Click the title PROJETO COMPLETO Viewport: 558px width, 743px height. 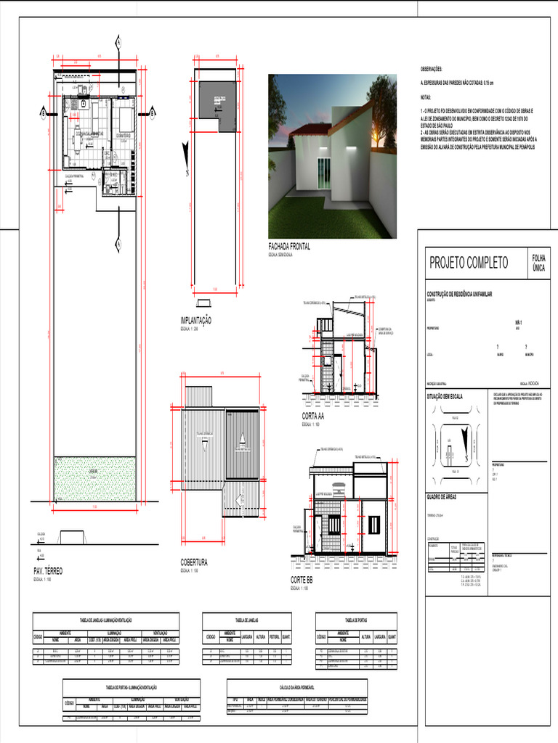[x=469, y=263]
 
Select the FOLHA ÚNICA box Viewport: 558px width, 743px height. [x=539, y=263]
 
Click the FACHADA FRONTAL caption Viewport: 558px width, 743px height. [x=289, y=247]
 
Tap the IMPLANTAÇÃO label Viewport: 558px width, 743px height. [x=196, y=320]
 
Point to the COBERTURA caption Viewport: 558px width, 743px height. [x=194, y=562]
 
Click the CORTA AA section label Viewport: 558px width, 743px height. [x=313, y=416]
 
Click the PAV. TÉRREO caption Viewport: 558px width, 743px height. [x=48, y=572]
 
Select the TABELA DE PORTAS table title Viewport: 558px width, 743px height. [x=356, y=620]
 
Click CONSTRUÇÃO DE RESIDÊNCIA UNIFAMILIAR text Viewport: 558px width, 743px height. [x=458, y=292]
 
